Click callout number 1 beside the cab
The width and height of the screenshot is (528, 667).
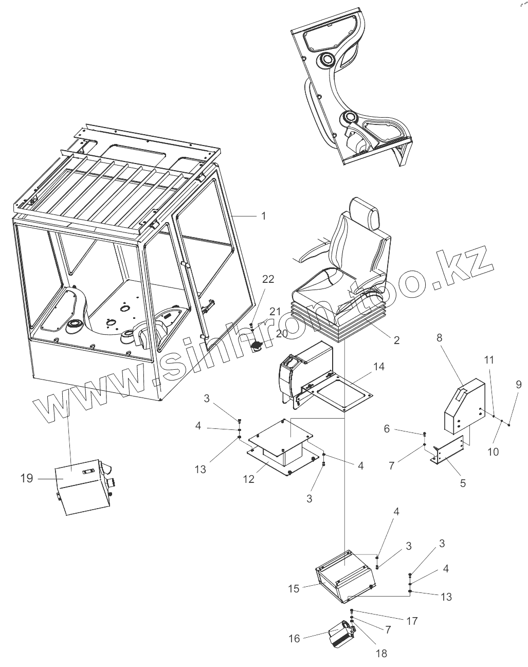[x=263, y=216]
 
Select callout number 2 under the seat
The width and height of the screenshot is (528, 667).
[x=396, y=339]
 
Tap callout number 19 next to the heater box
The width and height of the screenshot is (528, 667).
[x=27, y=478]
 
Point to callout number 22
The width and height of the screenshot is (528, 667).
[x=268, y=279]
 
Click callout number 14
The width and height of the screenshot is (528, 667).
[x=379, y=367]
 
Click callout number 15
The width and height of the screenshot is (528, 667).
[x=294, y=588]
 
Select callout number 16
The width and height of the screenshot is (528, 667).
[x=294, y=638]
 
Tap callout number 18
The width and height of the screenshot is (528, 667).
[x=381, y=654]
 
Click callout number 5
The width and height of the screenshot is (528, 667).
[x=463, y=483]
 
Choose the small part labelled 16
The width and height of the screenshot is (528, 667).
[x=341, y=634]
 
